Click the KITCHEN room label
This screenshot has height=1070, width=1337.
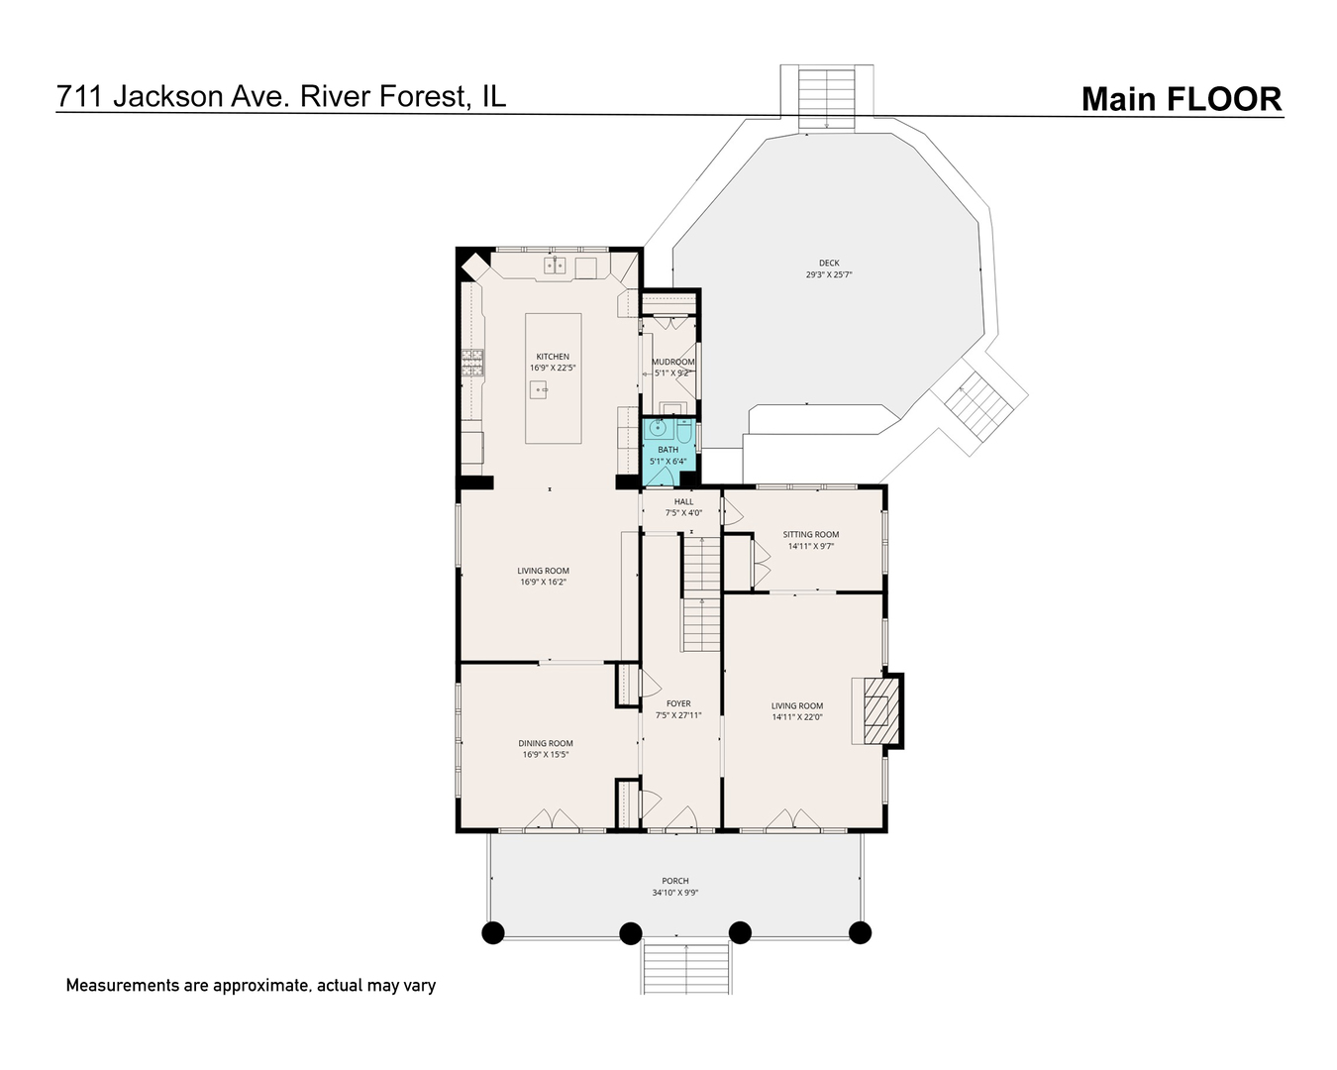click(x=553, y=357)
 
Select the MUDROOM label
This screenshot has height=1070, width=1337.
click(x=672, y=363)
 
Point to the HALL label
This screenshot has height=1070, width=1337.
click(x=683, y=501)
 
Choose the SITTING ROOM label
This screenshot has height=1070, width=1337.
click(x=810, y=535)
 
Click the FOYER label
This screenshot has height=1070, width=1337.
click(x=678, y=704)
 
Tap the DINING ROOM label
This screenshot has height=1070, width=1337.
click(x=546, y=743)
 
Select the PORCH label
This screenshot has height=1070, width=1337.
click(x=675, y=881)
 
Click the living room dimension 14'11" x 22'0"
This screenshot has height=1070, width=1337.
click(x=797, y=717)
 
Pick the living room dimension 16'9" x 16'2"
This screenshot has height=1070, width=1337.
click(x=544, y=583)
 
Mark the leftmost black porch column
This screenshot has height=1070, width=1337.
click(x=492, y=932)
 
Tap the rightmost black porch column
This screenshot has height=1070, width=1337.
click(x=860, y=932)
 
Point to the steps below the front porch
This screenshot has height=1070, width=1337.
click(x=686, y=967)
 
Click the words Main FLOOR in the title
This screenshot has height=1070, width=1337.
click(x=1181, y=99)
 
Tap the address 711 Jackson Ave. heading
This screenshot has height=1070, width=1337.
click(x=280, y=96)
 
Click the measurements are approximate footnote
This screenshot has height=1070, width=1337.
click(x=251, y=986)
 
